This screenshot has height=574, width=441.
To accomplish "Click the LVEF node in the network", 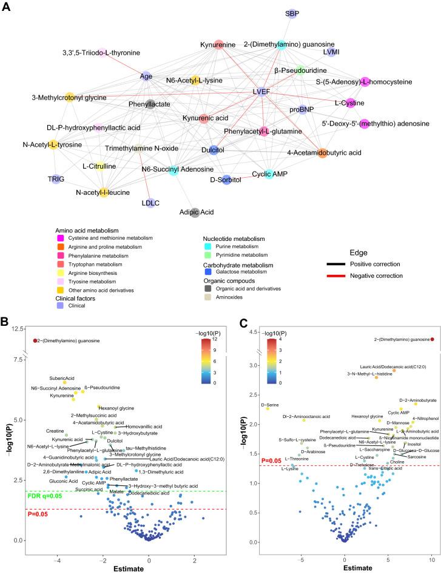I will click(261, 92).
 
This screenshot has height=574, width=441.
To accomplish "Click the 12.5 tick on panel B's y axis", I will click(17, 328).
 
